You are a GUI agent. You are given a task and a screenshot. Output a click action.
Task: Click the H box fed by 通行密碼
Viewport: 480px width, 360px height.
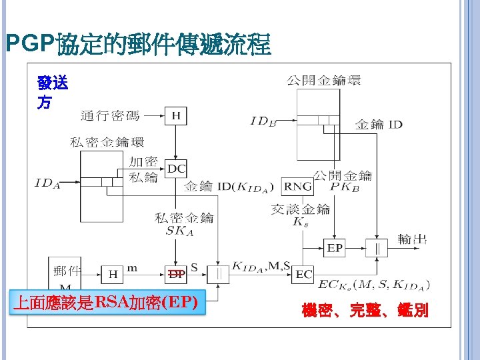(x=176, y=116)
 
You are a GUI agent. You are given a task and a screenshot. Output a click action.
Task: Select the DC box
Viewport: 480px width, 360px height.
(x=176, y=169)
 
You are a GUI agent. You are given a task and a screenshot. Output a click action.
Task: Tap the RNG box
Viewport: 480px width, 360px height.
(x=297, y=186)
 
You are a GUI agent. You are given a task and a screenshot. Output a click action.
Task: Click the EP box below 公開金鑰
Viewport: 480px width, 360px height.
(x=335, y=247)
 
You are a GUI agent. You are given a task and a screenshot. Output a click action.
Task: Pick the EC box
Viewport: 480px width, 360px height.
(x=304, y=273)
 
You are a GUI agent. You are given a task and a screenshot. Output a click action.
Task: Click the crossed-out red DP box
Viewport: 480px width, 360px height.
(x=176, y=273)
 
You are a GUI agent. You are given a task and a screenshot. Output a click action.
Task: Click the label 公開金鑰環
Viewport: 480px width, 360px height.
(x=323, y=81)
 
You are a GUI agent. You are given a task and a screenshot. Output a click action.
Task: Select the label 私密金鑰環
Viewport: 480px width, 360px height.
(x=107, y=142)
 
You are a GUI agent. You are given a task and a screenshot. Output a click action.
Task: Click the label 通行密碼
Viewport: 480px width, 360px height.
(x=110, y=116)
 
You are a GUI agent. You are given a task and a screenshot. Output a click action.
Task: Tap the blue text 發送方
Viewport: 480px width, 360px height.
(x=51, y=93)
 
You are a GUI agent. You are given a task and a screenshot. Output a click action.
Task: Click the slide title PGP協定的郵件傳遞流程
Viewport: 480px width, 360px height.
(x=138, y=45)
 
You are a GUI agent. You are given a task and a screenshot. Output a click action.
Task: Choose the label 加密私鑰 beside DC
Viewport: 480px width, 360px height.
(x=143, y=169)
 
